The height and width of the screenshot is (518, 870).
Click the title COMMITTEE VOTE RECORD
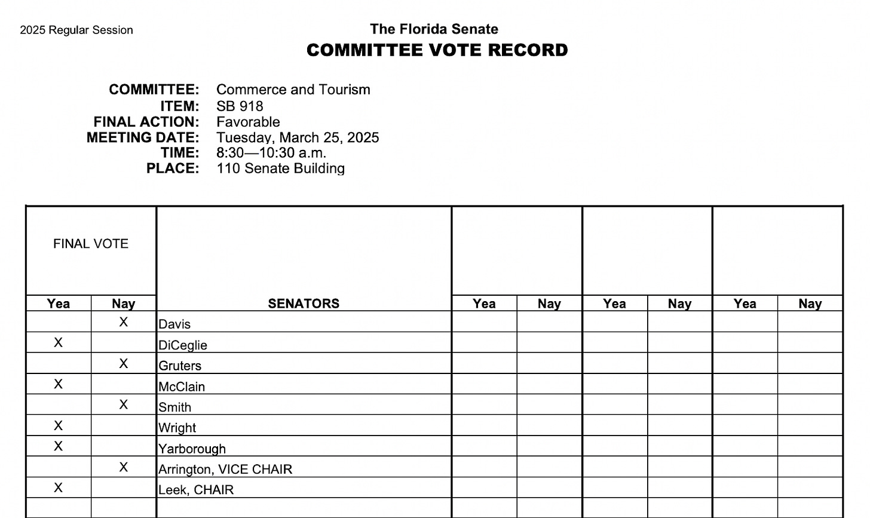(437, 50)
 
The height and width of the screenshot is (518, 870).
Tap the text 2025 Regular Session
(76, 30)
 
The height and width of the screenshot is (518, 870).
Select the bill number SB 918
(240, 106)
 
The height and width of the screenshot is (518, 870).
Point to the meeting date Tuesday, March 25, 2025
(298, 137)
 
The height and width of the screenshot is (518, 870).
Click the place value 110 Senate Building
(280, 168)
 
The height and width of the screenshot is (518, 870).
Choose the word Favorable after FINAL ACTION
(248, 122)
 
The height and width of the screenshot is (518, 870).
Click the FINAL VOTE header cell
(91, 244)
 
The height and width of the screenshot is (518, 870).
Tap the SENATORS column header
(304, 304)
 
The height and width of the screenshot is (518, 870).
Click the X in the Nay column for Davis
(124, 322)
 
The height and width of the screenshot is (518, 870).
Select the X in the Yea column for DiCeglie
(58, 342)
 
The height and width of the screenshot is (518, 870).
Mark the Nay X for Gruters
(124, 363)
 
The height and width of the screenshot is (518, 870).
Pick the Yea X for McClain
(58, 384)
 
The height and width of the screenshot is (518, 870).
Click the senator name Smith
(175, 407)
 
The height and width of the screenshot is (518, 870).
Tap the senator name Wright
(177, 428)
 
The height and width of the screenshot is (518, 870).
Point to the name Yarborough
(192, 449)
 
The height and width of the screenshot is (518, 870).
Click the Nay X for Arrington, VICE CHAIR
(124, 467)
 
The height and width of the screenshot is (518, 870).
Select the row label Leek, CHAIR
(196, 490)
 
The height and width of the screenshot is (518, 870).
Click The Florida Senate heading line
(434, 29)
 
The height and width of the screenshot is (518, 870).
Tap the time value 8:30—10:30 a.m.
(271, 153)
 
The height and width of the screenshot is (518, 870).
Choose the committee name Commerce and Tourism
(293, 90)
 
